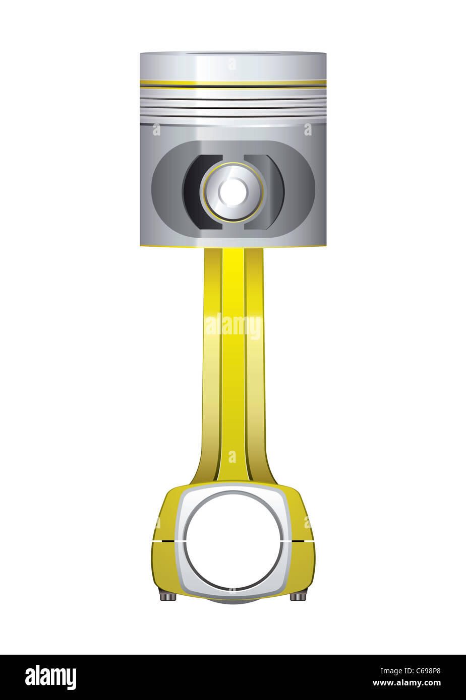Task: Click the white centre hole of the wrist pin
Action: pyautogui.click(x=233, y=192)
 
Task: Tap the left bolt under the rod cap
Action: pyautogui.click(x=168, y=596)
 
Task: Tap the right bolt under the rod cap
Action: pyautogui.click(x=298, y=596)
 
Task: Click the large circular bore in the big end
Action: pyautogui.click(x=233, y=540)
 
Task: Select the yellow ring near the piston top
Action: pyautogui.click(x=233, y=82)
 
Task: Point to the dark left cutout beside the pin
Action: pyautogui.click(x=197, y=192)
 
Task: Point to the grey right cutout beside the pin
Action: pyautogui.click(x=270, y=192)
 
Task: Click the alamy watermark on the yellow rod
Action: pyautogui.click(x=233, y=326)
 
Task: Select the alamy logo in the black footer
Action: pyautogui.click(x=50, y=677)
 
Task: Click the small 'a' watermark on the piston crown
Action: pyautogui.click(x=232, y=64)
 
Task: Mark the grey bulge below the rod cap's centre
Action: pyautogui.click(x=233, y=601)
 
